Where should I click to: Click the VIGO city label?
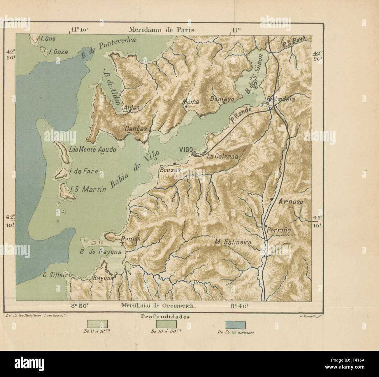[x=185, y=150]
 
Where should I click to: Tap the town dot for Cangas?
[x=150, y=131]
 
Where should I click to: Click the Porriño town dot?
[x=266, y=226]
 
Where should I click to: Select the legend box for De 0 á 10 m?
[x=98, y=323]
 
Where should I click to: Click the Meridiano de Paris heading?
[x=163, y=30]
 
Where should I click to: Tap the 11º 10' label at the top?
[x=79, y=29]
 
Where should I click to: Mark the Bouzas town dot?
[x=174, y=164]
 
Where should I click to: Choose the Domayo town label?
[x=222, y=99]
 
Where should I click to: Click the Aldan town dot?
[x=130, y=111]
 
